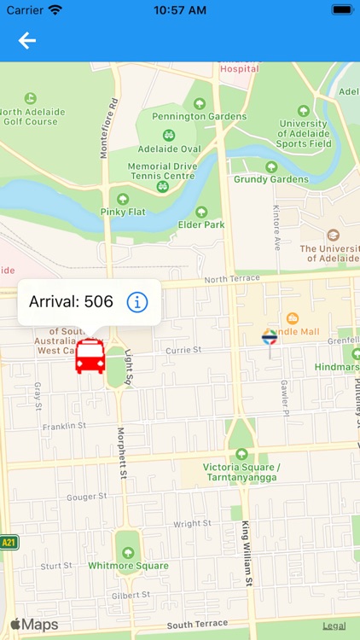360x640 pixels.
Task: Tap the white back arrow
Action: pos(27,40)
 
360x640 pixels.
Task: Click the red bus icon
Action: pos(90,356)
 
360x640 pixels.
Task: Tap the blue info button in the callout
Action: pos(137,301)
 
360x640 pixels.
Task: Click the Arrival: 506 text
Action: pos(71,301)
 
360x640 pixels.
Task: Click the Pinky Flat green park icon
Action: pos(123,198)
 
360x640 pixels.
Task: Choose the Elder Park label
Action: pos(202,224)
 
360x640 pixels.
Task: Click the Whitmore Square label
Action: pos(128,566)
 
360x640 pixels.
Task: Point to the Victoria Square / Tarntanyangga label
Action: pos(241,472)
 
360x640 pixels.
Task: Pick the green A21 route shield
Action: pos(9,542)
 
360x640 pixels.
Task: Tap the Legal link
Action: pos(334,625)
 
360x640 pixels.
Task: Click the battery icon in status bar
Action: pos(342,10)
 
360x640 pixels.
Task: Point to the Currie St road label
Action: pos(183,349)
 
